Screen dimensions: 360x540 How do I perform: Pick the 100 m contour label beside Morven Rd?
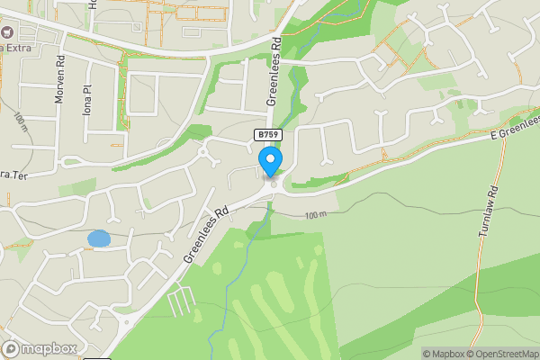20,122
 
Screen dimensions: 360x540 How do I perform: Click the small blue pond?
98,239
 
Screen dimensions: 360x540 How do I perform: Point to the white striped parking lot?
180,301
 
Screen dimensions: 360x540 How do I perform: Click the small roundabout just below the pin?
274,184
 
